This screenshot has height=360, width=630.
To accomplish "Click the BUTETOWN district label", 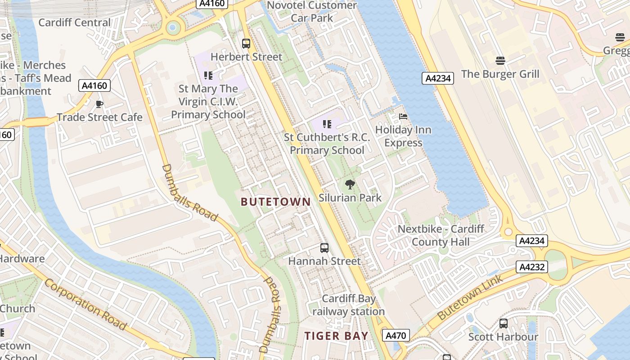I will [x=275, y=202].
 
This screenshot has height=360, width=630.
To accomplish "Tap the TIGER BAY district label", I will [x=336, y=336].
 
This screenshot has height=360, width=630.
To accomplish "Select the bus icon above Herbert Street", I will [x=246, y=44].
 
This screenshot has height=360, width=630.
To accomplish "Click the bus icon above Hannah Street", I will [x=324, y=248].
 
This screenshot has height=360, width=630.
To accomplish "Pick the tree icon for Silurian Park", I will [x=350, y=184].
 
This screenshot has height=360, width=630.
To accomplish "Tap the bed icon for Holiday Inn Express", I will [x=403, y=117].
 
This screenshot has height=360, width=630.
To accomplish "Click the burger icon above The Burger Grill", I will [x=500, y=60].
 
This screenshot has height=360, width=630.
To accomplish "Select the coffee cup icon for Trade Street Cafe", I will [x=99, y=104].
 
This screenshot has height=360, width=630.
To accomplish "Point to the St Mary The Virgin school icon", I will [x=208, y=75].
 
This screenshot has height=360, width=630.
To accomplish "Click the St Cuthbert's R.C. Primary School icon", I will [x=327, y=124].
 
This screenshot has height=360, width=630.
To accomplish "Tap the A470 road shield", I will [x=396, y=335].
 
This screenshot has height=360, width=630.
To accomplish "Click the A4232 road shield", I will [x=532, y=267].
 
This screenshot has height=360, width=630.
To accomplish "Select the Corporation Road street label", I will [x=85, y=304].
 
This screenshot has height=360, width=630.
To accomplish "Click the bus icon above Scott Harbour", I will [x=503, y=324].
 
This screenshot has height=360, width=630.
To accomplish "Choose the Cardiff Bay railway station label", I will [x=348, y=305].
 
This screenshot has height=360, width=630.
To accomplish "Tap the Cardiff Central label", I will [x=74, y=22].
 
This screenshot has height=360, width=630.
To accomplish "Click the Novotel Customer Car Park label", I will [x=312, y=11].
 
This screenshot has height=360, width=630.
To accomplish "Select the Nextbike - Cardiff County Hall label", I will [x=441, y=235].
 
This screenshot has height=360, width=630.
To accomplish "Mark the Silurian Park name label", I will [x=350, y=198].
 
